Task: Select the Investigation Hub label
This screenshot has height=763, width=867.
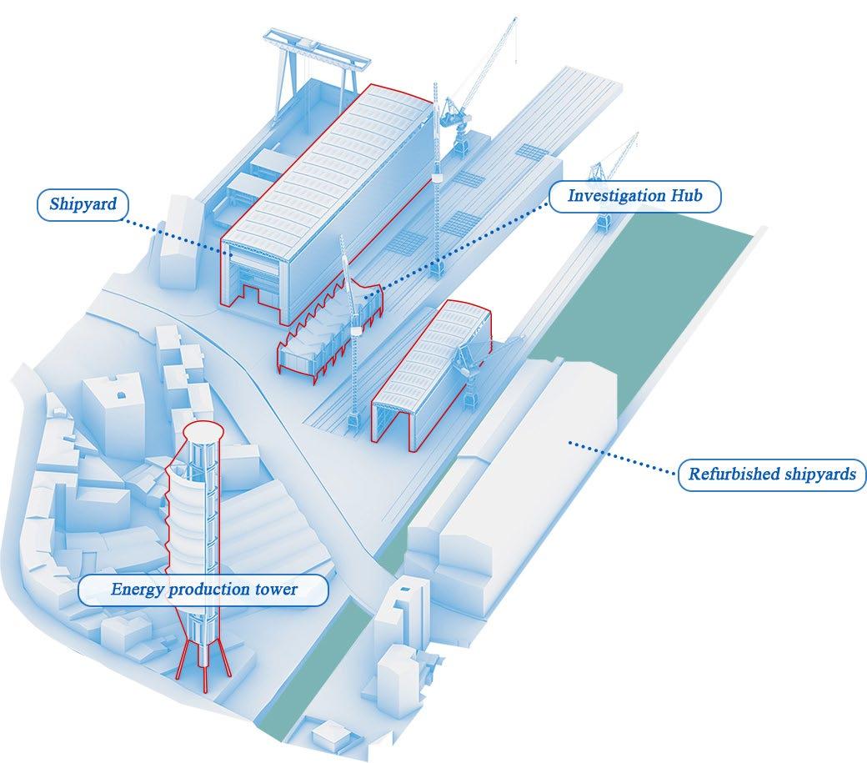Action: [x=635, y=197]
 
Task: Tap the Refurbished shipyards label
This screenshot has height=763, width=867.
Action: [x=771, y=474]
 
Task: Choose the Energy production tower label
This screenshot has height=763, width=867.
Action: [x=204, y=590]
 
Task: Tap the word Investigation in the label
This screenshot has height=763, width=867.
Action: [x=615, y=197]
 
